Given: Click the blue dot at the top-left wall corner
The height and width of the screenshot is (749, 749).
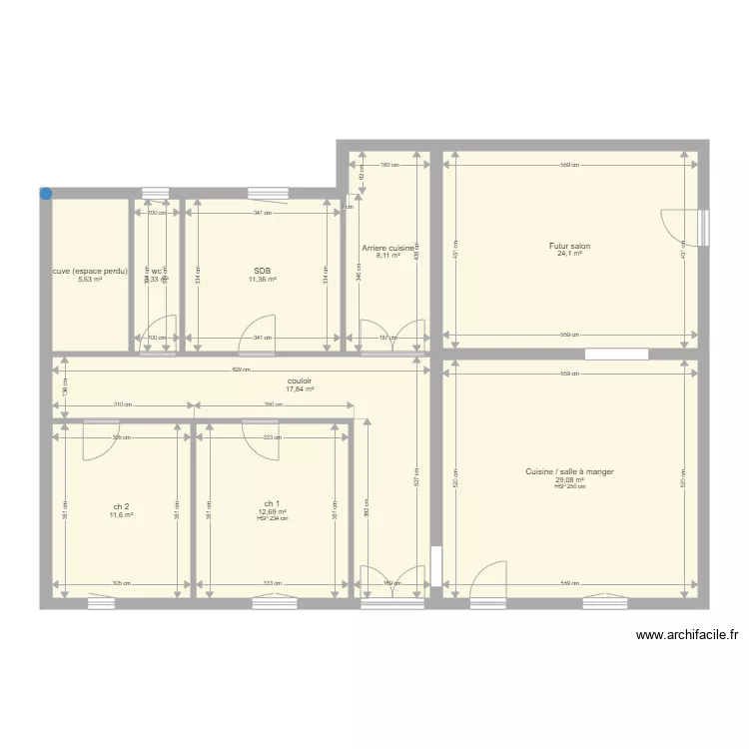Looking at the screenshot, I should click(46, 194).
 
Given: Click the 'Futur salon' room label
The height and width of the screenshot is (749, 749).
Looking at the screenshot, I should click(569, 246).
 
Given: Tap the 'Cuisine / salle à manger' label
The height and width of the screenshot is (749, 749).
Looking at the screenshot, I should click(569, 471).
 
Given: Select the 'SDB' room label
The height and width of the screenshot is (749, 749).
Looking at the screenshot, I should click(263, 271).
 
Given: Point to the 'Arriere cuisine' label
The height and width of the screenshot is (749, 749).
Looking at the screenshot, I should click(387, 248).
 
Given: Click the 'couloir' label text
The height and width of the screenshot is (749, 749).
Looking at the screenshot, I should click(300, 380).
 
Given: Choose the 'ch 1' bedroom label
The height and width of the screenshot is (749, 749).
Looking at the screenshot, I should click(272, 503).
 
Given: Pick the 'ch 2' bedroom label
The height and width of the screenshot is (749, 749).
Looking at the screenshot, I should click(121, 506).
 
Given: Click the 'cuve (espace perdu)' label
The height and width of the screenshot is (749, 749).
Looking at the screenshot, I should click(90, 271).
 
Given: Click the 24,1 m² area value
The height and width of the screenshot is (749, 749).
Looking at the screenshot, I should click(569, 254).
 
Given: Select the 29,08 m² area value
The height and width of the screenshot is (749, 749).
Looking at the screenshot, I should click(569, 480).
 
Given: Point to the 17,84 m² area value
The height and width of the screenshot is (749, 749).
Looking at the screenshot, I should click(300, 389).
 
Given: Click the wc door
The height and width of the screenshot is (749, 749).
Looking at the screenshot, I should click(161, 335).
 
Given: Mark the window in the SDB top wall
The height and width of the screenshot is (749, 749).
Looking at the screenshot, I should click(268, 193).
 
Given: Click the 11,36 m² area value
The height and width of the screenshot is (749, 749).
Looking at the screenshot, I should click(263, 280).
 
